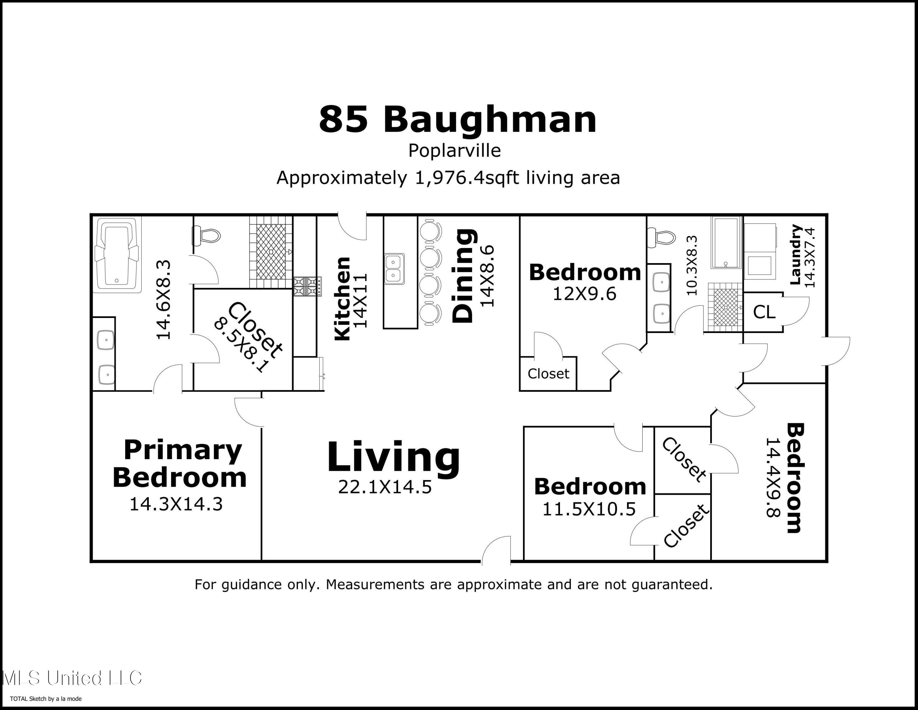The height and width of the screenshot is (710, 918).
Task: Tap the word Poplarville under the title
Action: [x=454, y=151]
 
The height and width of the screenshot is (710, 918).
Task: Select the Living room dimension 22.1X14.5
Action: [x=385, y=487]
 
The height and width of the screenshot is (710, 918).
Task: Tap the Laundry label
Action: [x=795, y=255]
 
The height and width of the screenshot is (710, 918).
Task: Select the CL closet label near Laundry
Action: [x=764, y=312]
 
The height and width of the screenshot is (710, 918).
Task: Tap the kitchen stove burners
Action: [x=307, y=286]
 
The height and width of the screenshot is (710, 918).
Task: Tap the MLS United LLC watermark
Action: [x=72, y=678]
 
